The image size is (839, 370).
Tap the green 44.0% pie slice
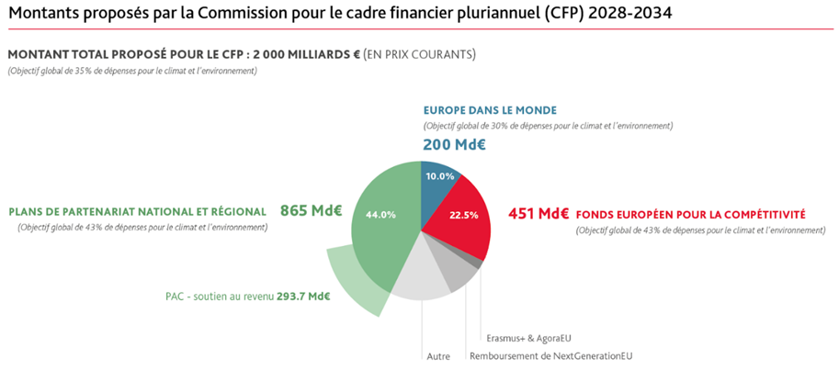(x=381, y=220)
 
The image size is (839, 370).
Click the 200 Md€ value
(x=454, y=144)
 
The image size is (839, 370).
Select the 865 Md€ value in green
(x=311, y=210)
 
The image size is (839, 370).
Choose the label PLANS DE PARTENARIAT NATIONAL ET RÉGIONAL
(x=138, y=212)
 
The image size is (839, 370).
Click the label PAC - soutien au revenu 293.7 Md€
(x=247, y=296)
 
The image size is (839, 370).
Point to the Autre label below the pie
(x=437, y=356)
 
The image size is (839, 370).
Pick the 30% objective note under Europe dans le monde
(x=548, y=126)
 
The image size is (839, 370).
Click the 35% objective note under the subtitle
(x=131, y=71)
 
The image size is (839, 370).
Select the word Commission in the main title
(x=260, y=14)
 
